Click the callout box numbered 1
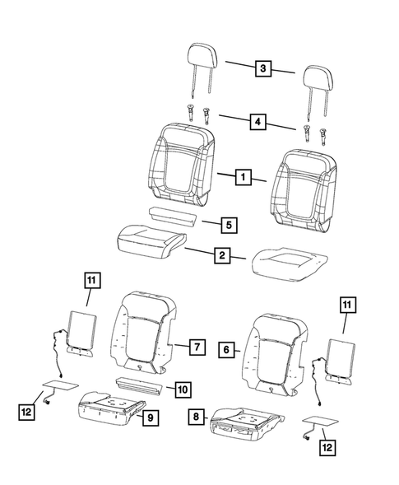pos(243,176)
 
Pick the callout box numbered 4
pos(259,121)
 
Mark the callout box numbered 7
pos(196,347)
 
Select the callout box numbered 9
pos(149,418)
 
